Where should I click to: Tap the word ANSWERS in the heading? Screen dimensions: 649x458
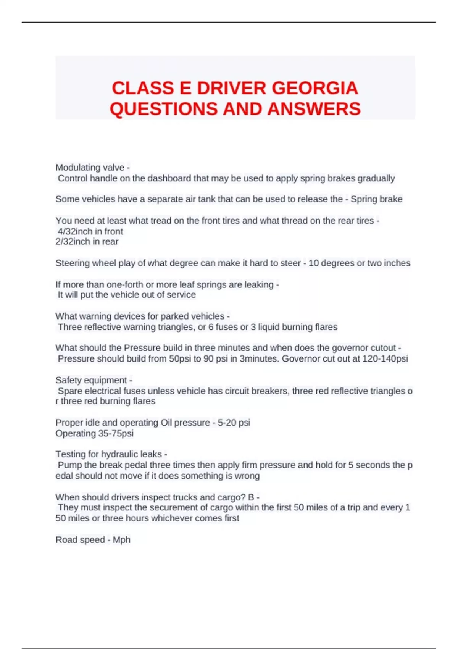(314, 109)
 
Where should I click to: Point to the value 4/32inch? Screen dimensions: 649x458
(75, 231)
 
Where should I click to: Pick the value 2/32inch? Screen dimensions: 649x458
(73, 242)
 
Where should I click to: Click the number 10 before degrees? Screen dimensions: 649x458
(313, 263)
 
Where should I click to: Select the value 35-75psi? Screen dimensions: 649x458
(114, 433)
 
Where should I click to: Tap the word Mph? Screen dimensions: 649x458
(121, 540)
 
